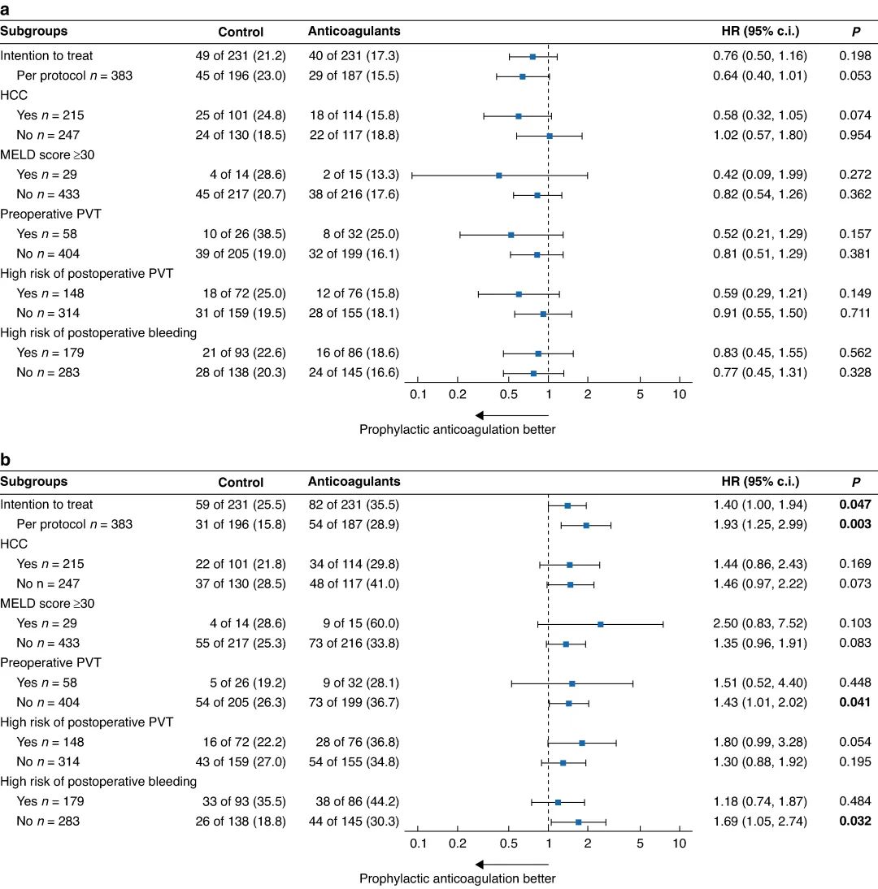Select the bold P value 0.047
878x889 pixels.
click(855, 505)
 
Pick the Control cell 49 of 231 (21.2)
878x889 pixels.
click(245, 56)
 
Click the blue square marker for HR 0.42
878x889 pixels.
click(498, 176)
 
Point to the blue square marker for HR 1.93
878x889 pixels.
click(586, 525)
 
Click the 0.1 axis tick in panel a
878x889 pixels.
click(418, 394)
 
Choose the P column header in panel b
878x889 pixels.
click(854, 482)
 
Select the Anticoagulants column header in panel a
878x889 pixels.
click(354, 32)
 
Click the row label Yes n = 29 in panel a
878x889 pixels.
click(49, 175)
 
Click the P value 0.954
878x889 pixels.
click(855, 136)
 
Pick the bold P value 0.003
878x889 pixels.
click(855, 525)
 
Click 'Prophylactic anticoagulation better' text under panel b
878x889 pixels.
click(458, 878)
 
